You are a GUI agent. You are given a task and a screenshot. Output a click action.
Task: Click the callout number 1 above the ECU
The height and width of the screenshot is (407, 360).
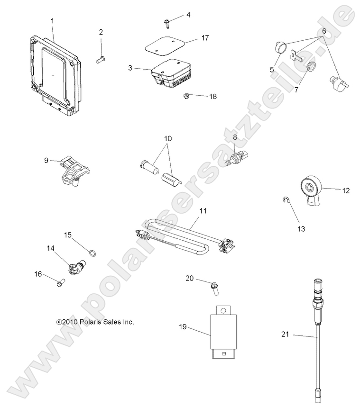pos(52,20)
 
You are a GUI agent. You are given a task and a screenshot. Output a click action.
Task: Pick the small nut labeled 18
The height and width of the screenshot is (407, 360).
pos(186,97)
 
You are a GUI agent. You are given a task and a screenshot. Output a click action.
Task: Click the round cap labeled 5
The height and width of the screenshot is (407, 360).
pos(280,47)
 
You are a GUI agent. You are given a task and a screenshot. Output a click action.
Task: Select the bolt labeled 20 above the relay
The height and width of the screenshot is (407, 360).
pos(213,287)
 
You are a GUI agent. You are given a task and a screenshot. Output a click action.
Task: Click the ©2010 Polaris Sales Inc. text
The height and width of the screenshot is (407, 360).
pos(95,322)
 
